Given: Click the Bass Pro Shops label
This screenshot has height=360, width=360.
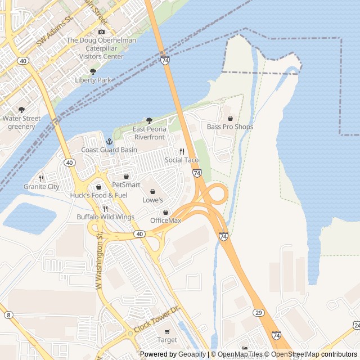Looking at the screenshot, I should [x=230, y=127].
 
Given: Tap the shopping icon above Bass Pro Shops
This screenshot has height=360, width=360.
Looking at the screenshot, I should [x=230, y=119].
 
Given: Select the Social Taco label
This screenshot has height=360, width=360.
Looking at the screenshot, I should [x=182, y=160].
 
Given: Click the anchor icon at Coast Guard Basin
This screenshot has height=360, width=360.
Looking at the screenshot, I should [x=109, y=141].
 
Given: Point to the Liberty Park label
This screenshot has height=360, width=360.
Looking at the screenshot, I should [x=93, y=80].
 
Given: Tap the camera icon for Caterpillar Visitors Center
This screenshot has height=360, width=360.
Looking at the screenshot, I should [x=101, y=32].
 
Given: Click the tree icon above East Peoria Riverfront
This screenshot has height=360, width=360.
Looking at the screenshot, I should [x=149, y=120].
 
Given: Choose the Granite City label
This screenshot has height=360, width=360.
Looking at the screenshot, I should [x=41, y=186].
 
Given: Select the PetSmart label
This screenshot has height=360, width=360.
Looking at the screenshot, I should [x=126, y=184].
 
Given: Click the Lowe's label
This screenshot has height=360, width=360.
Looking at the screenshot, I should [x=152, y=200].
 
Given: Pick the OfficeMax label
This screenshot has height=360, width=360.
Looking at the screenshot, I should [x=165, y=220].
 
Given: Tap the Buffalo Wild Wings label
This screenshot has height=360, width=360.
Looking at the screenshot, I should [x=106, y=217].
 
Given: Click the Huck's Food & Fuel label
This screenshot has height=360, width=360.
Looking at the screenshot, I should [x=99, y=195].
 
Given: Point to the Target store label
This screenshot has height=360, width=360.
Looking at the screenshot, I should [x=167, y=340].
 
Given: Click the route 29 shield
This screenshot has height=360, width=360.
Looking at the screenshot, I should [x=258, y=312].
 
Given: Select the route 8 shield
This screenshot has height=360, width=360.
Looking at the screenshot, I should [x=8, y=315].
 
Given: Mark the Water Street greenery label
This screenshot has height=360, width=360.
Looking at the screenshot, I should [x=21, y=122].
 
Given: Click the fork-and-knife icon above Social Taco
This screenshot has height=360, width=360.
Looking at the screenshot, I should [x=182, y=152].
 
